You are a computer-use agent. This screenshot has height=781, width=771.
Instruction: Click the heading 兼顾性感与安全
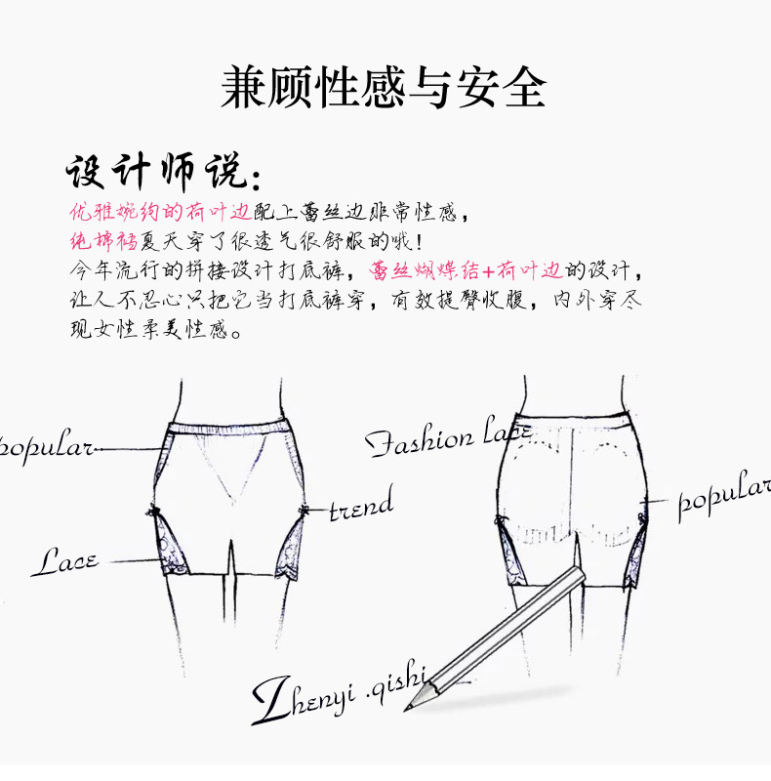coord(384,87)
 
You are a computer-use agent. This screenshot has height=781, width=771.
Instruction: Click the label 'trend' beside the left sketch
coord(361,507)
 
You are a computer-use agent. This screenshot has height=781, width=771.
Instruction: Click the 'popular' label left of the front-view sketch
coord(47,449)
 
